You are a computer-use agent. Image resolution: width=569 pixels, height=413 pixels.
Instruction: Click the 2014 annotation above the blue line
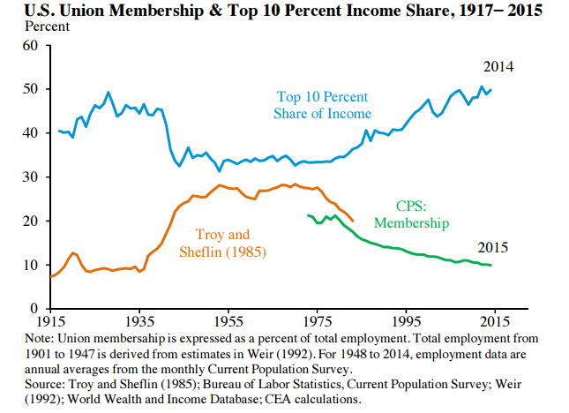coord(498,67)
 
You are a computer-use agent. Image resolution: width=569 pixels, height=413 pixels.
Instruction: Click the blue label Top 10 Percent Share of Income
coord(323,105)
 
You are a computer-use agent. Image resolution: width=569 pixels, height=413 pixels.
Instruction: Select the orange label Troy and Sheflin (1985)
coord(222,243)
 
